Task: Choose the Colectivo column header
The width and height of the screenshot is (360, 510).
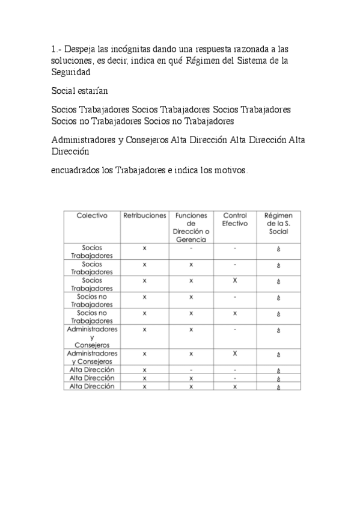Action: tap(92, 215)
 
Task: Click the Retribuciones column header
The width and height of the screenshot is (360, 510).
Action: tap(144, 215)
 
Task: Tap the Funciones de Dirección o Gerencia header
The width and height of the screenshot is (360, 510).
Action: tap(191, 227)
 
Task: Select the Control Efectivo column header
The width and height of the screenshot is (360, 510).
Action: tap(234, 220)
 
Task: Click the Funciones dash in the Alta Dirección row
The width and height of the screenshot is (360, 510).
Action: tap(191, 370)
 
